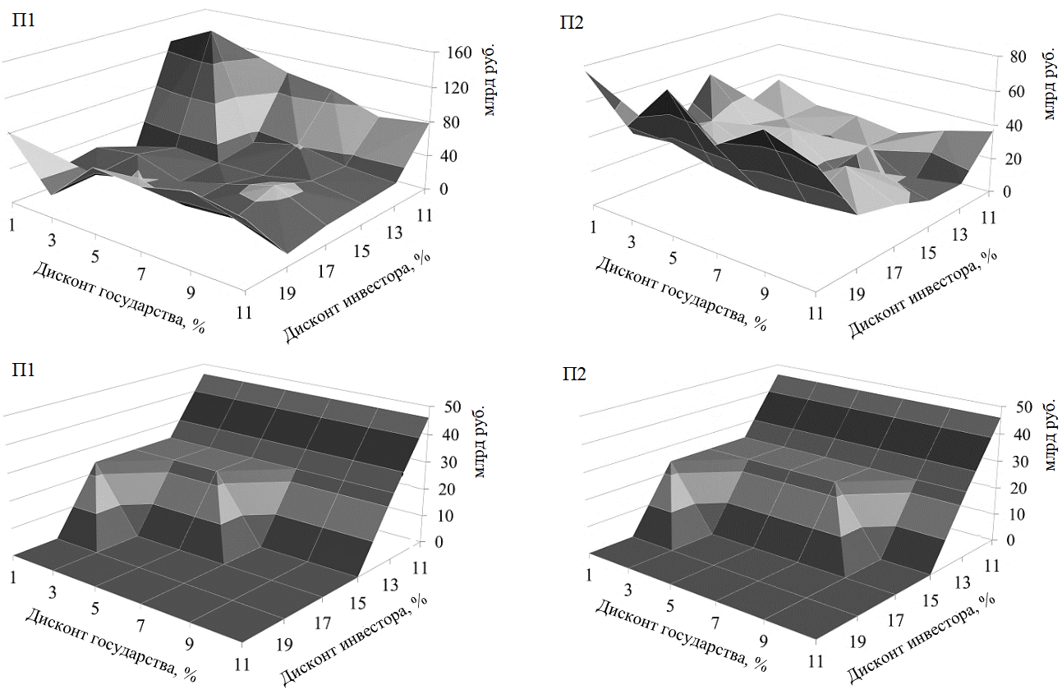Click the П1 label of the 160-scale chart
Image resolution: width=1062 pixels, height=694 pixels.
(x=23, y=21)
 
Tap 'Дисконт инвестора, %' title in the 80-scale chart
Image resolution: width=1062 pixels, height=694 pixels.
(x=922, y=294)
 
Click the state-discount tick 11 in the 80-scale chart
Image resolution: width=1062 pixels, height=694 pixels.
(x=815, y=313)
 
